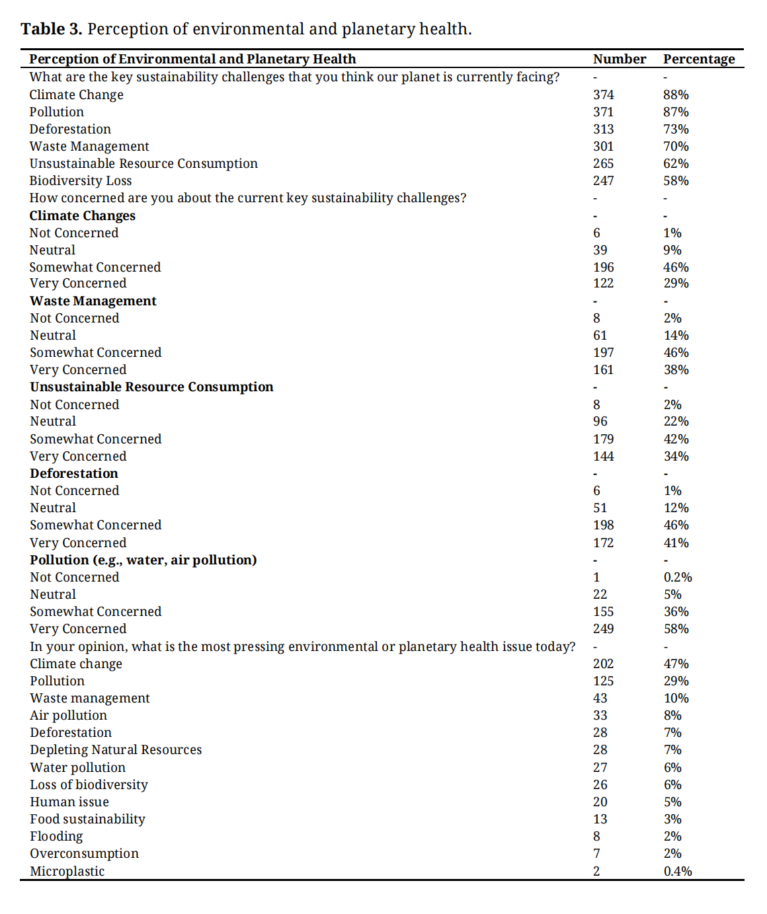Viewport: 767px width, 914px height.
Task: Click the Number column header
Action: tap(619, 59)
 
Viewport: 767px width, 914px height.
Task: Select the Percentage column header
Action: tap(699, 59)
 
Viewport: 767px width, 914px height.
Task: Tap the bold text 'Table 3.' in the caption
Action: tap(51, 29)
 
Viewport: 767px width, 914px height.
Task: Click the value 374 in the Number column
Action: tap(603, 95)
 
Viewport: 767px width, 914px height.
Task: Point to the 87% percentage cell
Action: tap(676, 112)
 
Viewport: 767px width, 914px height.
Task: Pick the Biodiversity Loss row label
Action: tap(80, 180)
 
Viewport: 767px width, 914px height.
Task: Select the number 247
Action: tap(603, 180)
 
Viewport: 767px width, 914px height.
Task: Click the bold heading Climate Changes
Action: tap(82, 215)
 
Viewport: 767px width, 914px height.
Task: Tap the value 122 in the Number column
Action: tap(603, 283)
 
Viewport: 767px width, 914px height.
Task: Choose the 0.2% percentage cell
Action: tap(678, 577)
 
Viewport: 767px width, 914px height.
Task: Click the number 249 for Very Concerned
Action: tap(603, 628)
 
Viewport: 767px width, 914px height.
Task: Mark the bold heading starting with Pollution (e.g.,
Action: tap(143, 560)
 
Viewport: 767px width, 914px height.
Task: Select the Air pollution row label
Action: tap(68, 715)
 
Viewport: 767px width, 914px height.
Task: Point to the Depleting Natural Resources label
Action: tap(116, 749)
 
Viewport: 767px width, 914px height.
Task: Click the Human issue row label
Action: tap(69, 802)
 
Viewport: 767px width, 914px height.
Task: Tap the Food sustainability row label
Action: tap(87, 819)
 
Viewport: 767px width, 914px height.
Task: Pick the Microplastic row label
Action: tap(67, 871)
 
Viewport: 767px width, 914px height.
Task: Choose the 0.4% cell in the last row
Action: tap(678, 871)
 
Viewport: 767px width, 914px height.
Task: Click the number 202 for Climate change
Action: tap(603, 664)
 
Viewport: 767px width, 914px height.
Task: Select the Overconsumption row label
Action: tap(84, 853)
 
